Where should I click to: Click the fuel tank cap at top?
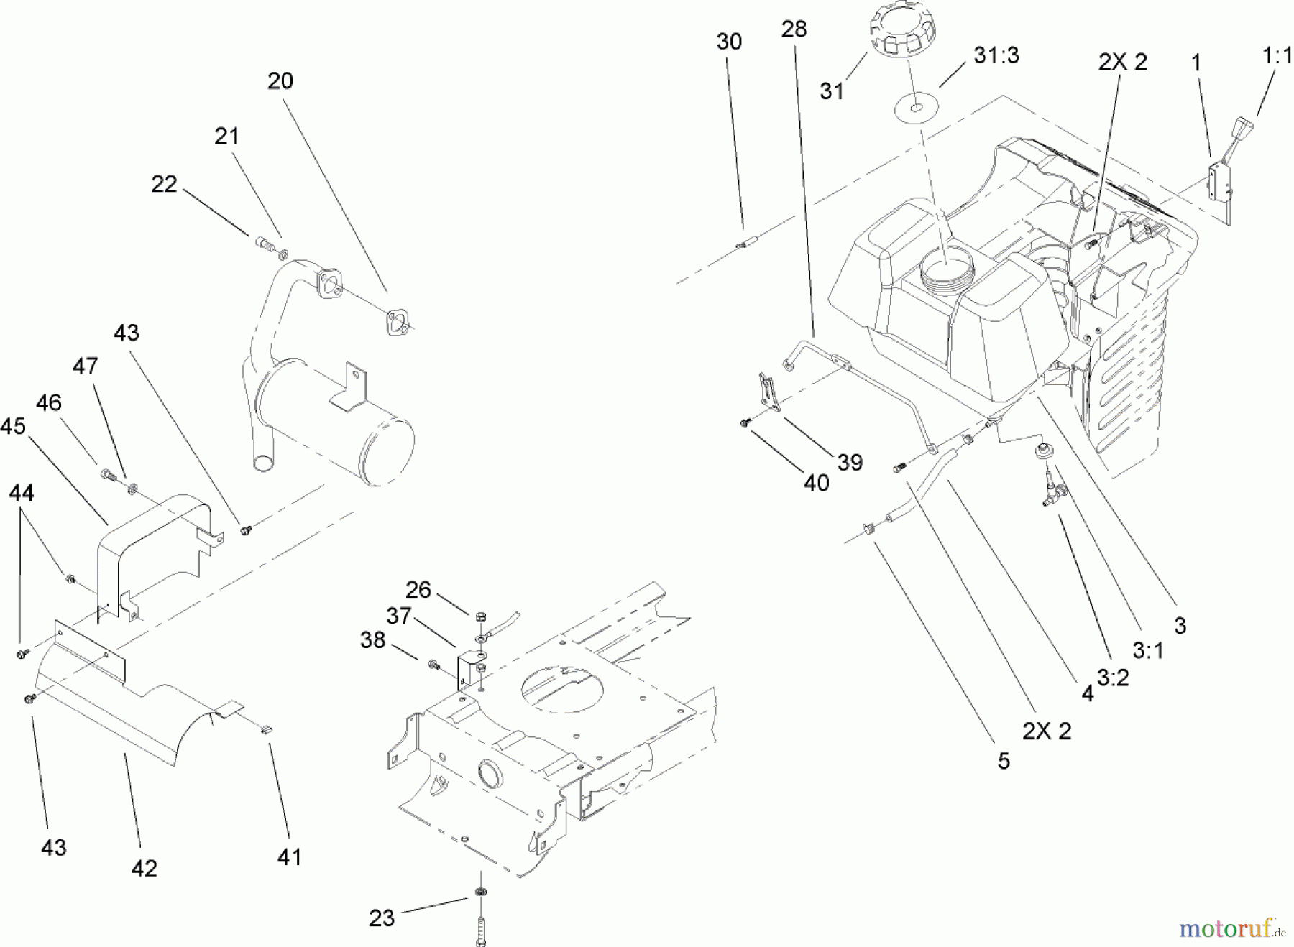[x=902, y=33]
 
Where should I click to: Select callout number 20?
[x=280, y=81]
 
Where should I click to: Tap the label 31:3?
[x=996, y=55]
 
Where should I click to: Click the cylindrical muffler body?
[x=335, y=422]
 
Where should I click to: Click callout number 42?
[x=144, y=868]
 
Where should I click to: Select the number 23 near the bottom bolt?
[x=382, y=918]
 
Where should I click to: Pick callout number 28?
[x=794, y=29]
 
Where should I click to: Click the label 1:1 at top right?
[x=1277, y=56]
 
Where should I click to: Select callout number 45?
[x=13, y=426]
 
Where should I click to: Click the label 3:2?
[x=1113, y=676]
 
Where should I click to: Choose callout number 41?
[x=289, y=856]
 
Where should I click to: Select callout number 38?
[x=372, y=639]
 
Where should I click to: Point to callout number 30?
[x=729, y=42]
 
